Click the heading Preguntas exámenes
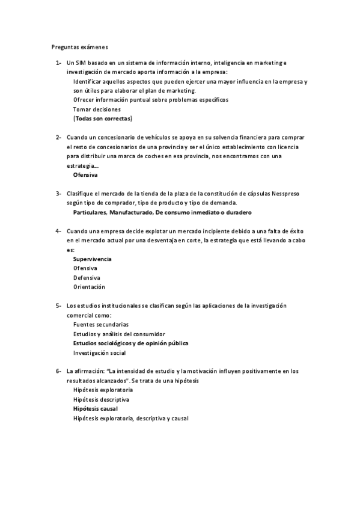click(x=79, y=46)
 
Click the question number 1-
click(x=58, y=63)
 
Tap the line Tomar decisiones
click(x=97, y=109)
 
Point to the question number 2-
click(x=58, y=138)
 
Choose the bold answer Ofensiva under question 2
click(x=85, y=174)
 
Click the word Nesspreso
click(x=290, y=194)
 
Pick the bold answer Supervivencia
click(x=92, y=259)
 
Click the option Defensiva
click(x=87, y=277)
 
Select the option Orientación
click(x=89, y=287)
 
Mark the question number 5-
click(x=58, y=306)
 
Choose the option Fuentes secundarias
click(x=100, y=324)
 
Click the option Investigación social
click(x=99, y=352)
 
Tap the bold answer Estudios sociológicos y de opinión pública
click(x=130, y=343)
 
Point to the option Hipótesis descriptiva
click(x=101, y=399)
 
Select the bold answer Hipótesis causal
click(x=95, y=409)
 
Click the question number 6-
click(x=58, y=372)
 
